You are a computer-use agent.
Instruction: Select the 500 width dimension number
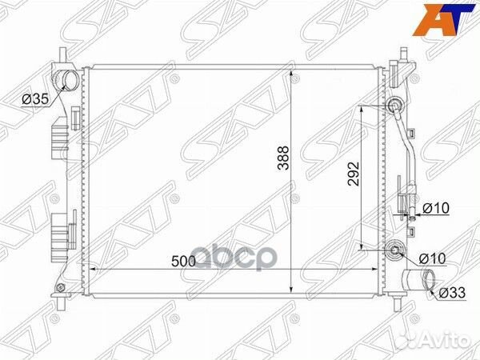(x=181, y=260)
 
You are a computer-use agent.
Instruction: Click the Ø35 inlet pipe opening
(x=68, y=80)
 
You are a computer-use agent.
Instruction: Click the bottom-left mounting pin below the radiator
(x=64, y=305)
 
